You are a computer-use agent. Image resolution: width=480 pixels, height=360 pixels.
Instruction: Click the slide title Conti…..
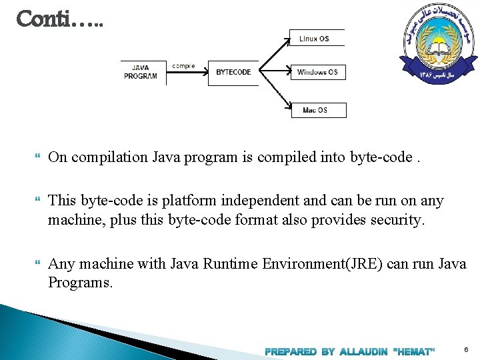coord(59,19)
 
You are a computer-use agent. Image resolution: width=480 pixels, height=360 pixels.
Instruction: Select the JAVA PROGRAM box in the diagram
coord(141,72)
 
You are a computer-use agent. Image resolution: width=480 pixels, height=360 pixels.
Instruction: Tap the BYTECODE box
coord(233,72)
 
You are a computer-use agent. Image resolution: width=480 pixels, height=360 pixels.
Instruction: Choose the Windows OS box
coord(317,72)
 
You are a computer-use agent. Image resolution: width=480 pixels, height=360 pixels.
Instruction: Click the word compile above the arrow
coord(183,66)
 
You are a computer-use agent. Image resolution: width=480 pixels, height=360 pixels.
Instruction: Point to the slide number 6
coord(465,349)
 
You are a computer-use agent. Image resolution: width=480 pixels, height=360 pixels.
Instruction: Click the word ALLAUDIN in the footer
coord(363,351)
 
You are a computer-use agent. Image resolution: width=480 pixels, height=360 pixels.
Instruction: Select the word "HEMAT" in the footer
coord(415,351)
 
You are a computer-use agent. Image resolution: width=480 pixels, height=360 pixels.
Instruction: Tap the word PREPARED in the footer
coord(291,351)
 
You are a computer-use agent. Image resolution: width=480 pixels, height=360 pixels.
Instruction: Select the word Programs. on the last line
coord(81,282)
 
